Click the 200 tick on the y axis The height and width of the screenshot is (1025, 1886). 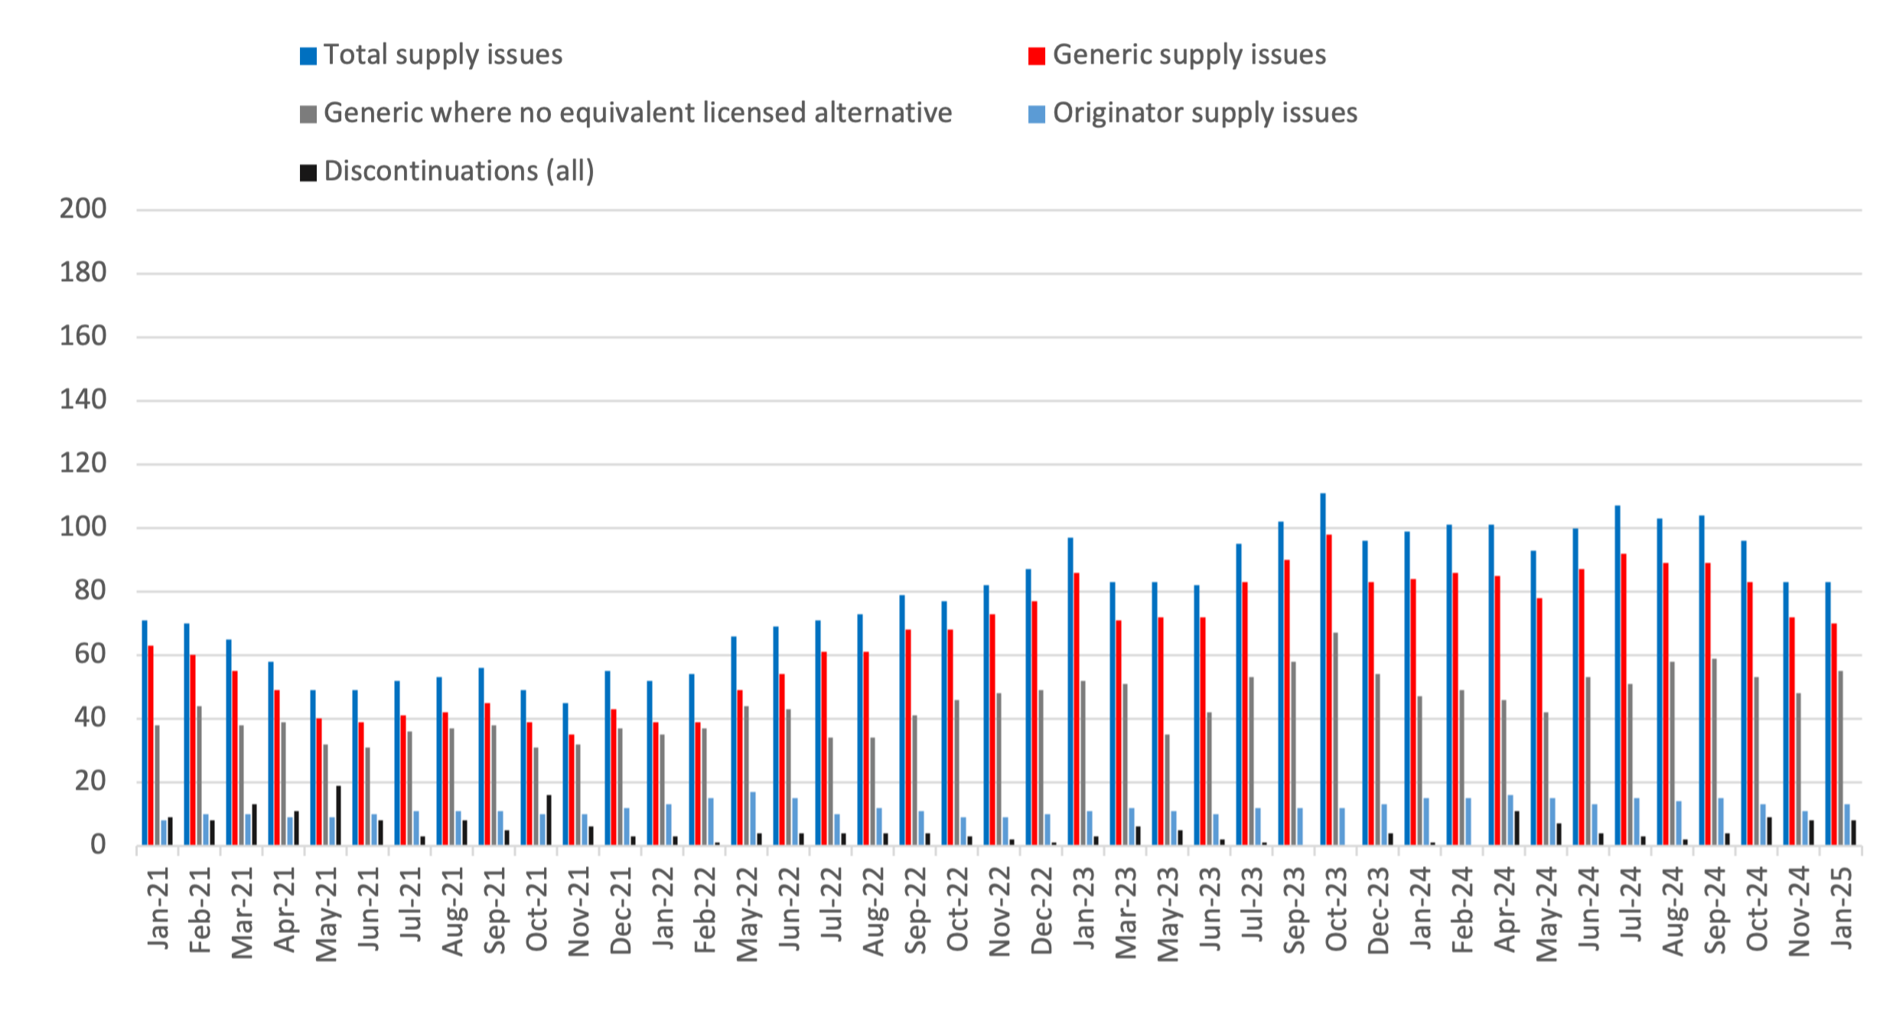[83, 209]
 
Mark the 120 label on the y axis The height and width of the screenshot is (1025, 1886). [83, 464]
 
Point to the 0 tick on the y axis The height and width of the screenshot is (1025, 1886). [98, 845]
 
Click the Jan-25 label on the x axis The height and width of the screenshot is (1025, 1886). [1842, 909]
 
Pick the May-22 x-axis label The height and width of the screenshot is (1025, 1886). [747, 914]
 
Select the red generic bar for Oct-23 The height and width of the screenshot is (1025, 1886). [1329, 690]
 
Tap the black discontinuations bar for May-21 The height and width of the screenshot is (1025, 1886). [338, 815]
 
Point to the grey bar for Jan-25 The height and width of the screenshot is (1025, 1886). [1840, 758]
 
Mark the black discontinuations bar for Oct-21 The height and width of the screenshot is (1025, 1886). [549, 820]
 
